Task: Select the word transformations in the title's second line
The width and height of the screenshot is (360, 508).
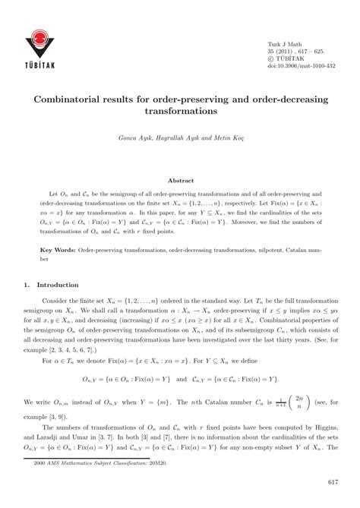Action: (180, 110)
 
